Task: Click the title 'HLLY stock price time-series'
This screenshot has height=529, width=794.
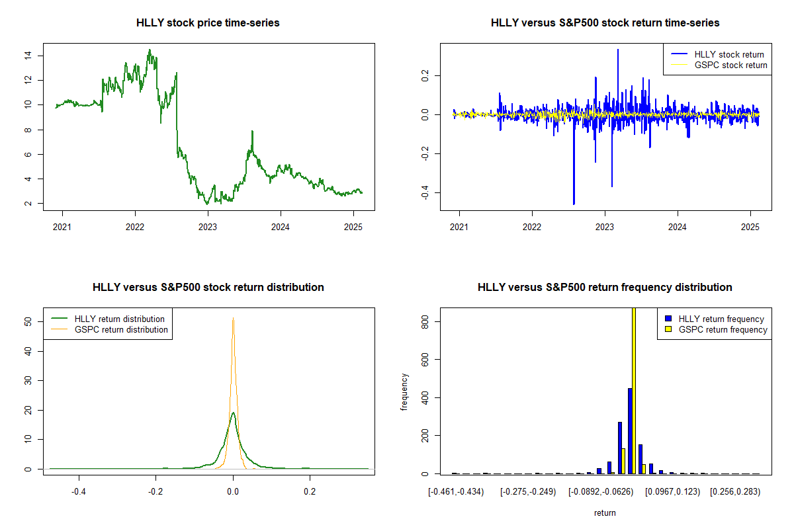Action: click(x=208, y=23)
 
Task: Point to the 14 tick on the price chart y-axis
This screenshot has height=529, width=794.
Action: click(x=27, y=55)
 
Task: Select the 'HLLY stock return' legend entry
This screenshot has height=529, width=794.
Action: click(x=728, y=54)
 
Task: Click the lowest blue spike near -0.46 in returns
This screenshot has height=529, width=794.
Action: click(x=574, y=203)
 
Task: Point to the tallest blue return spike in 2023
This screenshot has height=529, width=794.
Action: click(x=618, y=50)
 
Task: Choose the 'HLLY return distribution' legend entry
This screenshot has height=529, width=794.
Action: click(x=120, y=319)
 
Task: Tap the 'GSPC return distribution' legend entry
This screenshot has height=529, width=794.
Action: click(x=121, y=329)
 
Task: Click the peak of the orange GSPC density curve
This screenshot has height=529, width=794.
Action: click(x=233, y=319)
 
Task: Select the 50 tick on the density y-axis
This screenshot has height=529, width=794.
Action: click(x=27, y=321)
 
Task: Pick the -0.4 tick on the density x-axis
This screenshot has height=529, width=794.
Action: click(x=79, y=491)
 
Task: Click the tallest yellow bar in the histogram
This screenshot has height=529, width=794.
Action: click(x=634, y=390)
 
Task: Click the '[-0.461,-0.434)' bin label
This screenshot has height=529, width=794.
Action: click(x=456, y=491)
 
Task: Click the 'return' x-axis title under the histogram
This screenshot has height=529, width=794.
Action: click(x=605, y=512)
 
